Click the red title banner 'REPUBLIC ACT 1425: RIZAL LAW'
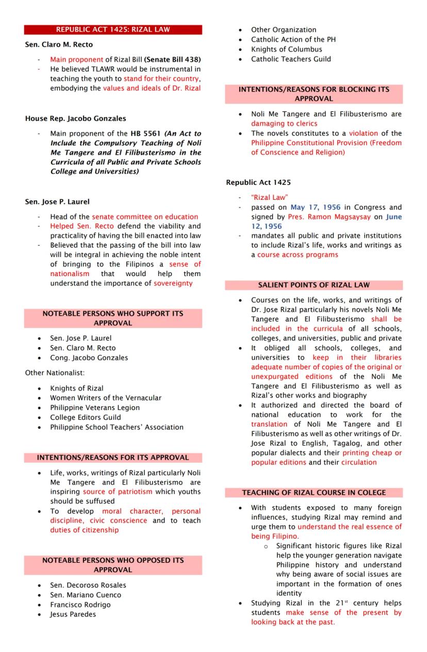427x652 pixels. [113, 30]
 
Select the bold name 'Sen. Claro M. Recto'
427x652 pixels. [59, 45]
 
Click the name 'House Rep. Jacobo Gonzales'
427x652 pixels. [75, 118]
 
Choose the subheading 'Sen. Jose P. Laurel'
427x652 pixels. [57, 201]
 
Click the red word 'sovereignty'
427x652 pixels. [173, 283]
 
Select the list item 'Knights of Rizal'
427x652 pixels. [76, 388]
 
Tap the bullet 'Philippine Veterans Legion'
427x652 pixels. [95, 407]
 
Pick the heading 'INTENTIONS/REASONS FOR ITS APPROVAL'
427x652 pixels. [113, 457]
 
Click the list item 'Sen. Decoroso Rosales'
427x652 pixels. [88, 585]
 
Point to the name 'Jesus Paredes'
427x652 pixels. [73, 614]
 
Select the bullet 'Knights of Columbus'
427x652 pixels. [286, 49]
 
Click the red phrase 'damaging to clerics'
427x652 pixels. [284, 124]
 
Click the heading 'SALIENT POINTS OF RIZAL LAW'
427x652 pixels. [314, 285]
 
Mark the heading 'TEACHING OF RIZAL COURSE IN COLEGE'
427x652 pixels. [314, 493]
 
